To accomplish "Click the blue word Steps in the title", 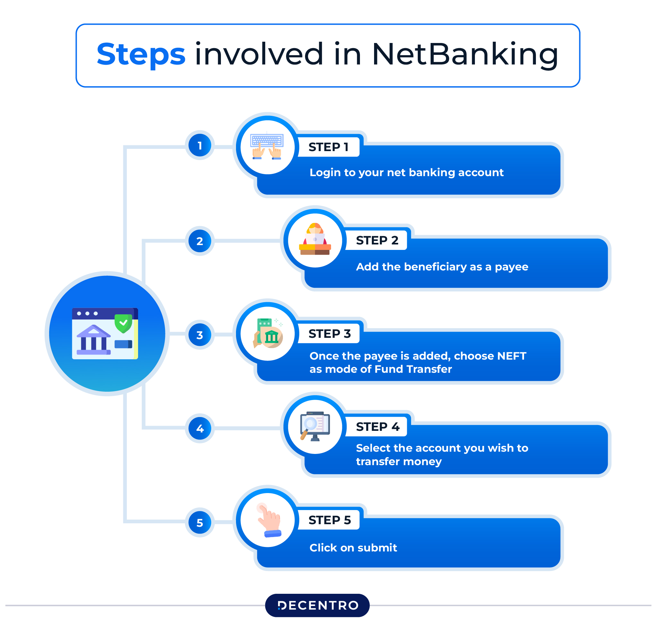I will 141,54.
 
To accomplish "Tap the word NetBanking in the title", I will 465,54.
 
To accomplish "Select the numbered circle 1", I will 200,145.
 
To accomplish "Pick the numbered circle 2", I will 200,241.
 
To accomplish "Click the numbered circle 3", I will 200,335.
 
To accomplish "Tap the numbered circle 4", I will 200,428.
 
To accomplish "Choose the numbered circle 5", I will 200,523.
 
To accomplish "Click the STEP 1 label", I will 328,147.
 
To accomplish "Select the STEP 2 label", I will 377,240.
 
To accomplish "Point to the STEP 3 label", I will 329,333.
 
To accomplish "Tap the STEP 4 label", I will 378,427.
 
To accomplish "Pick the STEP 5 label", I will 329,520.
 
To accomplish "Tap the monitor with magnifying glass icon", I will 315,426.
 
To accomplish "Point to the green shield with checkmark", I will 123,323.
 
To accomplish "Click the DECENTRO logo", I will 317,605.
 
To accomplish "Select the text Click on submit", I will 353,548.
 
